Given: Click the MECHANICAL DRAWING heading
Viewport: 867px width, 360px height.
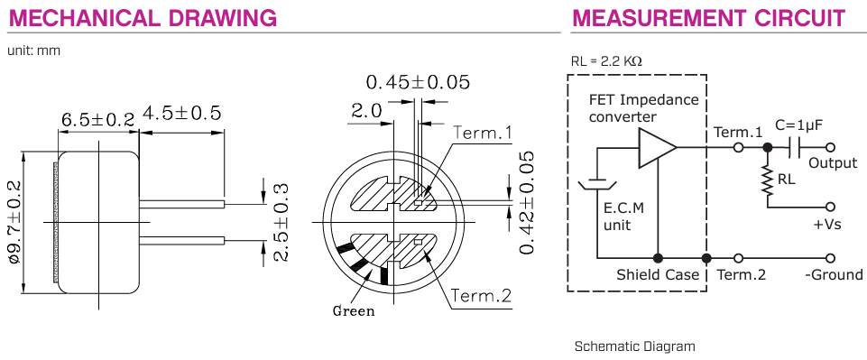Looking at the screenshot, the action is coord(143,18).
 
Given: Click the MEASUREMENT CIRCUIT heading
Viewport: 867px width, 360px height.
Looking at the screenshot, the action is coord(709,18).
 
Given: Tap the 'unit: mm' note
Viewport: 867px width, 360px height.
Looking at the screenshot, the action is coord(33,51).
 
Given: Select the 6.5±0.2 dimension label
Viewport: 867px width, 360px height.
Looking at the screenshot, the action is coord(97,120).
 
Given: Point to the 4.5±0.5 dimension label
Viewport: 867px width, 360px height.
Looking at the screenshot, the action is coord(182,113).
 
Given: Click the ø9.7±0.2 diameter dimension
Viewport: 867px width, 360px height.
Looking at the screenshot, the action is coord(16,222).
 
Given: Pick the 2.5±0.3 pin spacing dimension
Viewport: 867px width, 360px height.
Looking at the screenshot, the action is coord(282,221).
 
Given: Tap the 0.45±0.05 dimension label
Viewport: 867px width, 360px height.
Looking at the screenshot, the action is coord(418,82).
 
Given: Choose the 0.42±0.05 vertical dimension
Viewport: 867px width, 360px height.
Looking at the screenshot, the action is coord(527,202).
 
